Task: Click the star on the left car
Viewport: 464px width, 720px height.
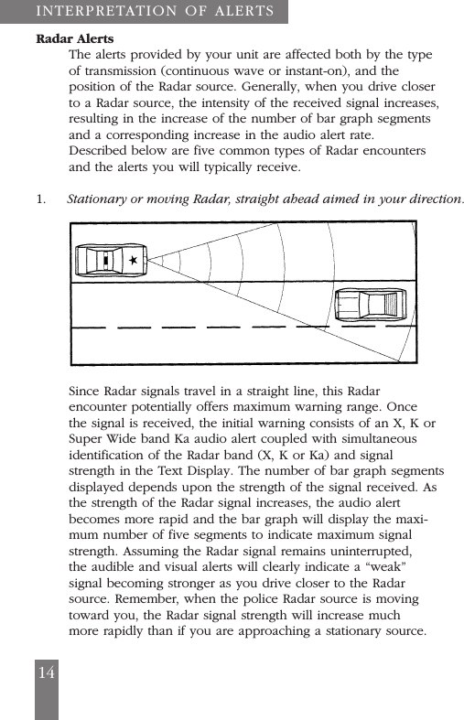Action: click(x=134, y=261)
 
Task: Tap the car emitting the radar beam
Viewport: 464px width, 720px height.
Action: click(x=110, y=261)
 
